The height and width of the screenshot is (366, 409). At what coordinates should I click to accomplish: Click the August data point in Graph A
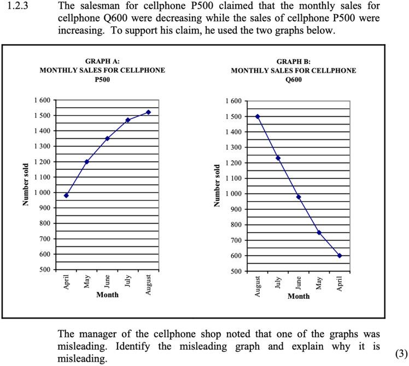148,112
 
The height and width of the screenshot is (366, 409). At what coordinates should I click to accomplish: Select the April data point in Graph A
66,196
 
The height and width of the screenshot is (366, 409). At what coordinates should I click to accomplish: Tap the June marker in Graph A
107,138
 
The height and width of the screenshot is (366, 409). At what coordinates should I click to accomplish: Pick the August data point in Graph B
258,116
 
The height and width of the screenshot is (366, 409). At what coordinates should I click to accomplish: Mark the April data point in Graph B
340,256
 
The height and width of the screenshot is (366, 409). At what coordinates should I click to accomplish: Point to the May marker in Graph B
319,233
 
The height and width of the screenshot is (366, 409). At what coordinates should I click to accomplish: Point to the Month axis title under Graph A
107,295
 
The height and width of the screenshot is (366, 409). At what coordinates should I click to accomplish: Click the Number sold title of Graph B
218,185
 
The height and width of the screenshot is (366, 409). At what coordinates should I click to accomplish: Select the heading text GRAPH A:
102,61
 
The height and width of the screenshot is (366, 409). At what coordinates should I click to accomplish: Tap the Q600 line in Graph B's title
293,80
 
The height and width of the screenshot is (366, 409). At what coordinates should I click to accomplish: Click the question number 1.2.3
15,7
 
